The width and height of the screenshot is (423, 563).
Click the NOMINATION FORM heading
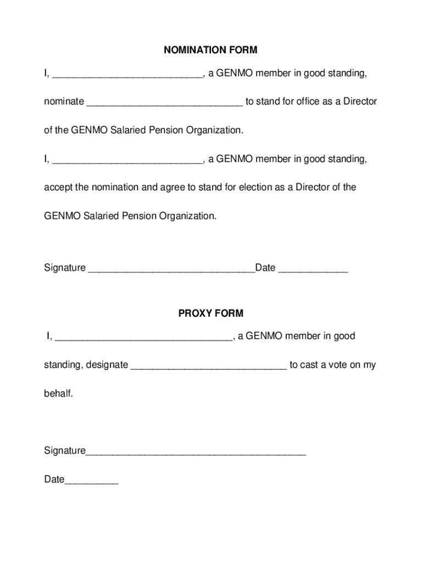coord(210,51)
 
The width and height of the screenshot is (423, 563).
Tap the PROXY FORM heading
coord(210,314)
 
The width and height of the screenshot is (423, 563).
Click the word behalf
coord(58,394)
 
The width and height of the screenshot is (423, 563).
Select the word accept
coord(58,187)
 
